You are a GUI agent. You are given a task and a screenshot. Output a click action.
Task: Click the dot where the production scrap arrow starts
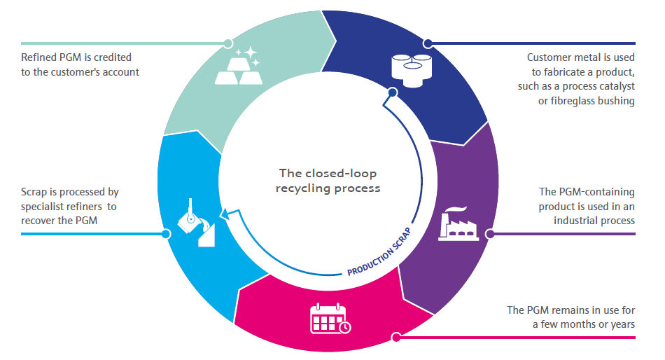click(x=392, y=92)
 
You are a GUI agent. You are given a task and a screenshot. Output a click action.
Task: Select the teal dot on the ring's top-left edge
click(x=227, y=43)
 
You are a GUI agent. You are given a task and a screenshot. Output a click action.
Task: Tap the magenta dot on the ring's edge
click(x=396, y=338)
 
